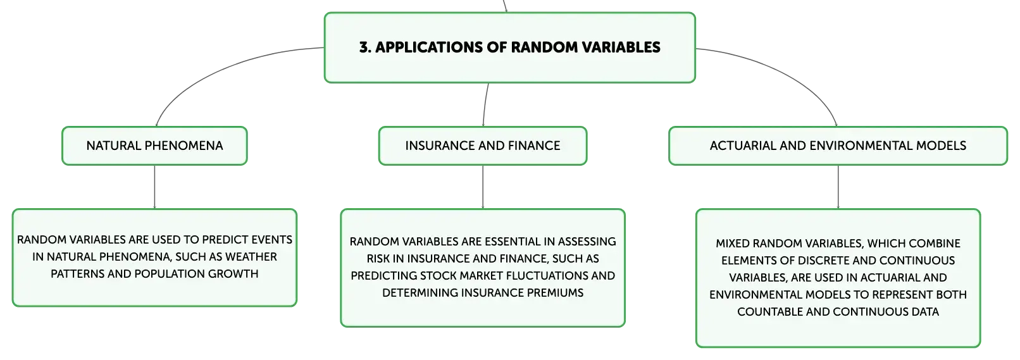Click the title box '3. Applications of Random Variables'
click(x=509, y=48)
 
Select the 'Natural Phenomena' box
click(x=154, y=146)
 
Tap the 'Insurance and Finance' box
click(x=483, y=146)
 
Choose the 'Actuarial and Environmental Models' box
click(x=838, y=146)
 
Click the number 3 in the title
click(x=364, y=47)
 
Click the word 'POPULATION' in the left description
click(x=170, y=274)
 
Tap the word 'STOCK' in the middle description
click(x=438, y=276)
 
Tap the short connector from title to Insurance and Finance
click(x=485, y=104)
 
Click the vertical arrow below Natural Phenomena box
click(x=154, y=187)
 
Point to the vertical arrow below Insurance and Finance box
click(x=483, y=187)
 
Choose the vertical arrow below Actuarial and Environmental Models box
click(x=838, y=187)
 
